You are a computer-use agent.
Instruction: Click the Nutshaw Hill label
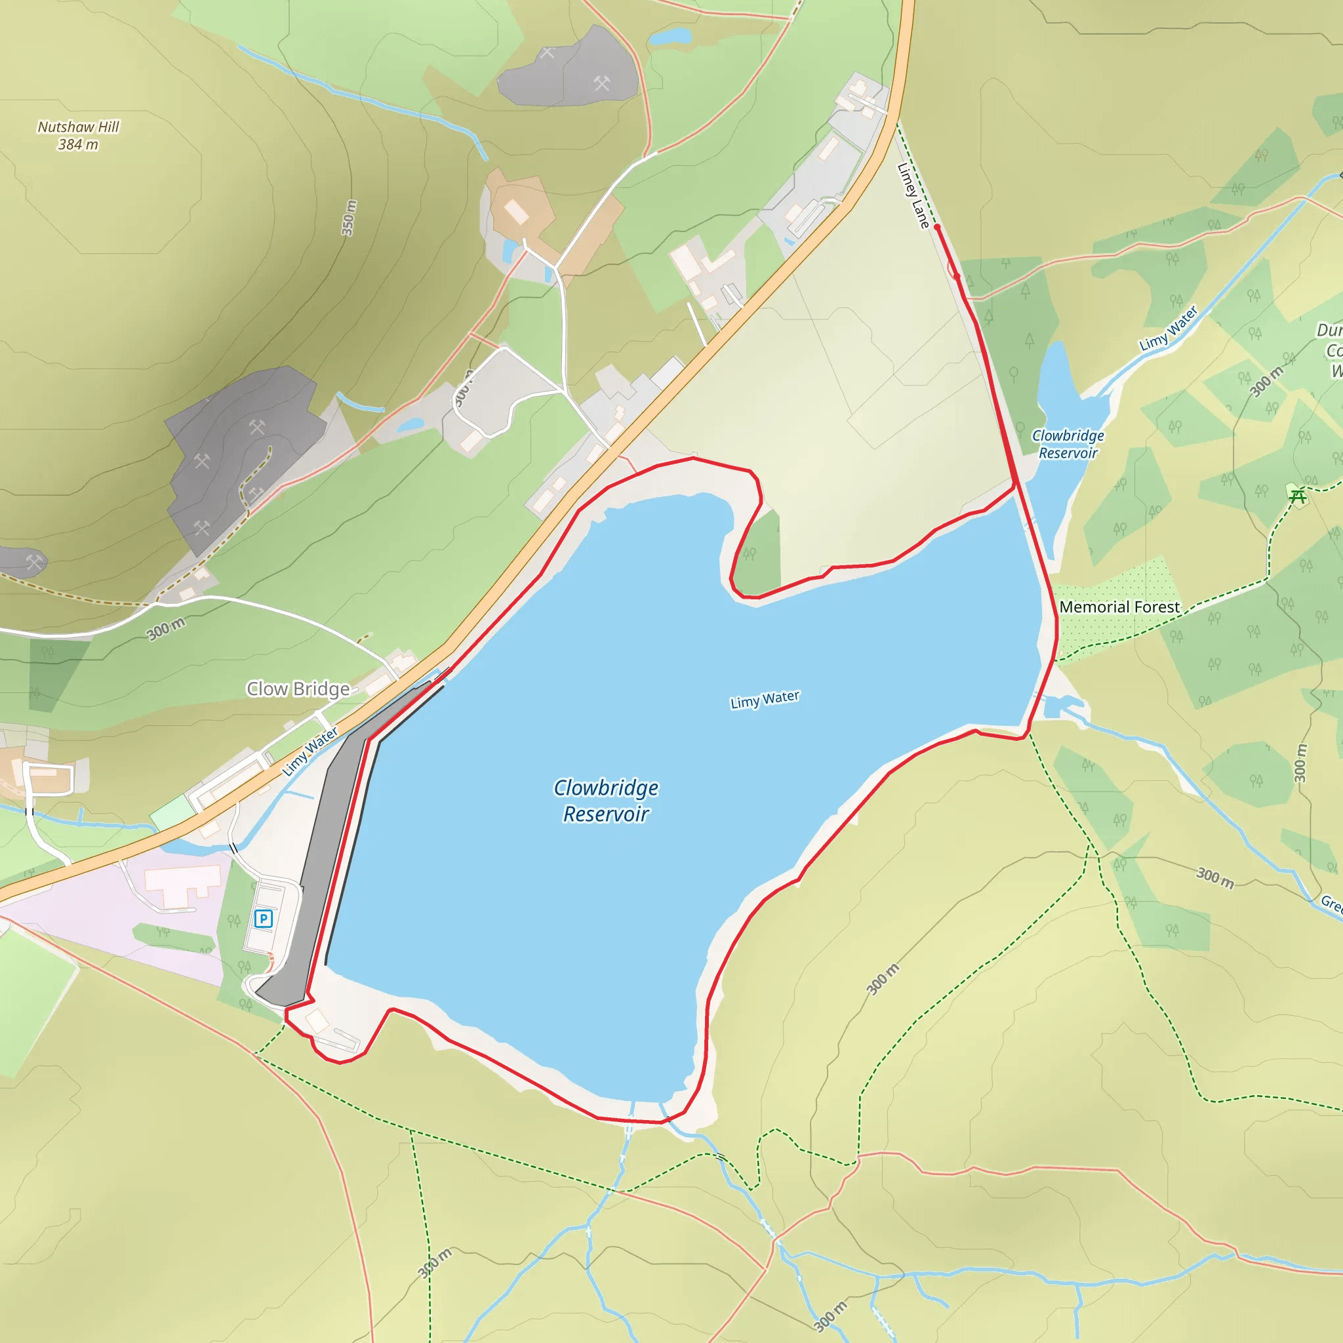coord(78,127)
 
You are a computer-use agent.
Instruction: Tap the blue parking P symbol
coord(263,919)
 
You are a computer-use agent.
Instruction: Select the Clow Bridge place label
coord(298,689)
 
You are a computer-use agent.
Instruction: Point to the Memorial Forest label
coord(1119,607)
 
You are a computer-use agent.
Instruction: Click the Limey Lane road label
coord(913,195)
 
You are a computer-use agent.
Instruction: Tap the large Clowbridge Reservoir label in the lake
coord(605,801)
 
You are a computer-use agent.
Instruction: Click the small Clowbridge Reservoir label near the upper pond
coord(1068,444)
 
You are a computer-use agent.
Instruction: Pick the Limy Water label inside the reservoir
coord(765,699)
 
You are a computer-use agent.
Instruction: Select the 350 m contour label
coord(349,218)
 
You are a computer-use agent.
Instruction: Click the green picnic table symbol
coord(1297,496)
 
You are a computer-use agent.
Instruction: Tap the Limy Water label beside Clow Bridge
coord(310,752)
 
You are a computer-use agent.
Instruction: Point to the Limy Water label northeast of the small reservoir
coord(1169,328)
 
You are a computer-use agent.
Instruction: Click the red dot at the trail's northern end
coord(936,227)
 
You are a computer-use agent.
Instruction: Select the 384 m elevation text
coord(78,144)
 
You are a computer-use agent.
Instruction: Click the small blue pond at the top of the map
coord(670,35)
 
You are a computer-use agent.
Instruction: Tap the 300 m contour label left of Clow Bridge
coord(166,628)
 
